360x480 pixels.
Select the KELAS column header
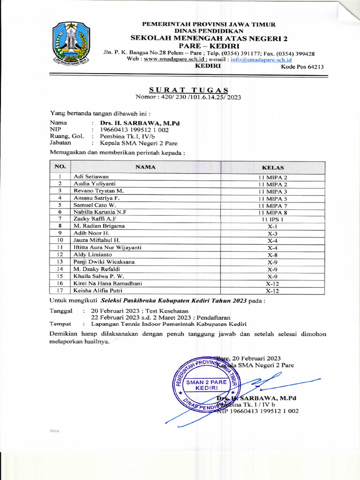coord(272,167)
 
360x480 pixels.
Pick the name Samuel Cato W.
coord(94,205)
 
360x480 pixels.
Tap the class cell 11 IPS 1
coord(272,219)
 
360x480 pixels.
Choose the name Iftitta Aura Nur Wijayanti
coord(107,247)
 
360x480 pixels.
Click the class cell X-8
coord(272,255)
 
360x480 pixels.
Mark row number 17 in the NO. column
coord(60,290)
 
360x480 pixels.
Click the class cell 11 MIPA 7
coord(272,205)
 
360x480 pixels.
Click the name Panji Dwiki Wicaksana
coord(104,262)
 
